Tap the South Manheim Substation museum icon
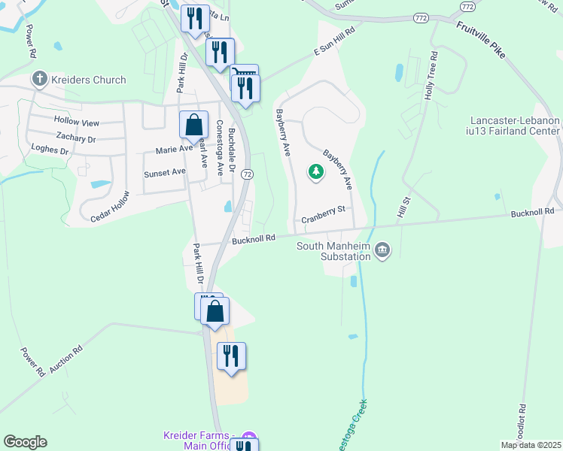tap(382, 250)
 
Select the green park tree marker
tap(316, 173)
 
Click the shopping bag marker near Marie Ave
tap(193, 125)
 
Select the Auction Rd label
tap(66, 361)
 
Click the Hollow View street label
tap(76, 122)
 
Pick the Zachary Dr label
tap(76, 138)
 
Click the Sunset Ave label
tap(164, 172)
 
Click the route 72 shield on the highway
tap(248, 174)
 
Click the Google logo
tap(25, 441)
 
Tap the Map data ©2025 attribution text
tap(530, 445)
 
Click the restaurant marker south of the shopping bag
tap(232, 356)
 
